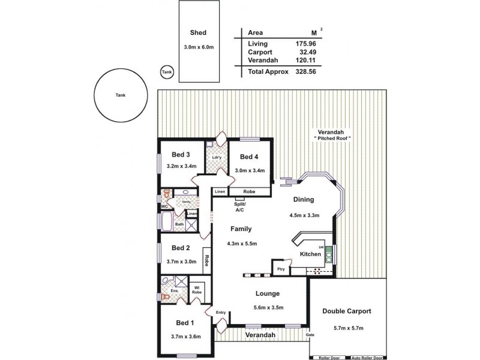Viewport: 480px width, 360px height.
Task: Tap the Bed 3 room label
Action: point(181,154)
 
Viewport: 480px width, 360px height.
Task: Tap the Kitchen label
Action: point(311,254)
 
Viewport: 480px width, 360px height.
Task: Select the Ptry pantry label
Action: point(280,269)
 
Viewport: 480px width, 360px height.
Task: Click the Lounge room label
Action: point(268,293)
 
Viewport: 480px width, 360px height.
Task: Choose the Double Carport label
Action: point(347,311)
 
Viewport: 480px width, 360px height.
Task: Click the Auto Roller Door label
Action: point(367,358)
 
